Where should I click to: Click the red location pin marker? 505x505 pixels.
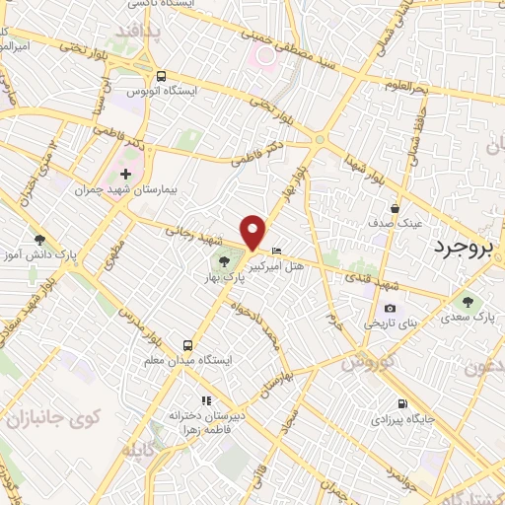pos(253,231)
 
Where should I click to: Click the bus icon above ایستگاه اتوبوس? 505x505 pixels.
pos(160,75)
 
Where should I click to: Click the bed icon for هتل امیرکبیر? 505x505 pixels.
pos(277,251)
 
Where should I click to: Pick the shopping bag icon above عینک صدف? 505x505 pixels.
pos(395,208)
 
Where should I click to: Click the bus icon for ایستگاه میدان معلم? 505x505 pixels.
pos(186,345)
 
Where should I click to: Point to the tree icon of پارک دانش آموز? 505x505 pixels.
pos(39,240)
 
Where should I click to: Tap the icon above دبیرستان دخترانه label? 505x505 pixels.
pos(206,400)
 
